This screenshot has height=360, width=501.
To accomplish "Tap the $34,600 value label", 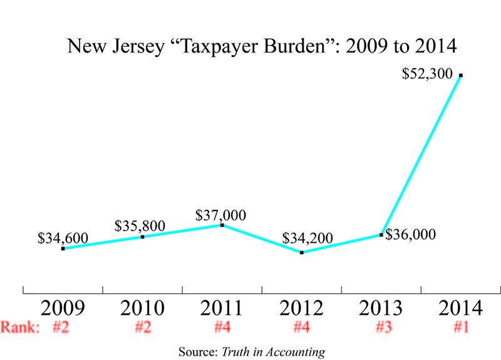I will point(63,239).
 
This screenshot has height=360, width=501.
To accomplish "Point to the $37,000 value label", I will point(220,215).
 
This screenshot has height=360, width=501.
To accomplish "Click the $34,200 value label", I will point(307,239).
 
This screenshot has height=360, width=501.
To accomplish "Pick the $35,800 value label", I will point(142,226).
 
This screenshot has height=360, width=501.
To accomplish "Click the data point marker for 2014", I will point(460,75).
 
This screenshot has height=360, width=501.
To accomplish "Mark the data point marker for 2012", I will point(302,252).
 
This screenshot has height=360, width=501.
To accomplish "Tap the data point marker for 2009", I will point(63,249).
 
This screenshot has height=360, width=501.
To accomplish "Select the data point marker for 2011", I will point(222,225).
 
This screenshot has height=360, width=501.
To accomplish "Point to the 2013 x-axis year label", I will point(381,309).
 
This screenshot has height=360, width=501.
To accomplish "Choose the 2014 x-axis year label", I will point(460,309).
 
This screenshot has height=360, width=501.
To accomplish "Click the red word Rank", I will point(19,327).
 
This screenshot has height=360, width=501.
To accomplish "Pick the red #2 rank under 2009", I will point(61,327).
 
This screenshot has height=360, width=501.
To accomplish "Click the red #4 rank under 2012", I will point(301,327).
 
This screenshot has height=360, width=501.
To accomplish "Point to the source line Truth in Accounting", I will point(252,352).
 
